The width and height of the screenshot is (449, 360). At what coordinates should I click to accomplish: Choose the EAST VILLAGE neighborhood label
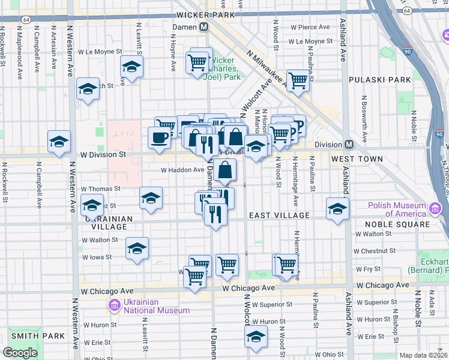point(279,215)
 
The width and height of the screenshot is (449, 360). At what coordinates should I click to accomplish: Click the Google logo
point(20,352)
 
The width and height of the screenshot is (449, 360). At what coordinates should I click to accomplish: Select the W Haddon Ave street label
point(182,170)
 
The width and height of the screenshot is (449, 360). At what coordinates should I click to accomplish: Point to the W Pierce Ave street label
point(310,27)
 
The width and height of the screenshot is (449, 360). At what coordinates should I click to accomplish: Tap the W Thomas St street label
point(101,188)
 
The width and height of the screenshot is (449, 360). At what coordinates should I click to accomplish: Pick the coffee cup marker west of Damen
point(159,137)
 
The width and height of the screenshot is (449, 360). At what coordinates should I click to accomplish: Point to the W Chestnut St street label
point(373,251)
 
